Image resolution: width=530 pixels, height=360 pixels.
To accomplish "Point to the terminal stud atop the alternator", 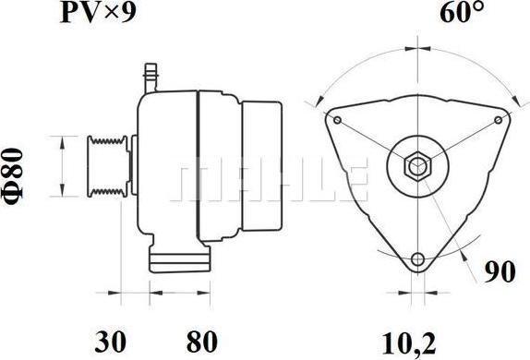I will [x=152, y=74].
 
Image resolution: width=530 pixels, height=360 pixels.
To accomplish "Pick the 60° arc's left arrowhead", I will [x=319, y=99].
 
